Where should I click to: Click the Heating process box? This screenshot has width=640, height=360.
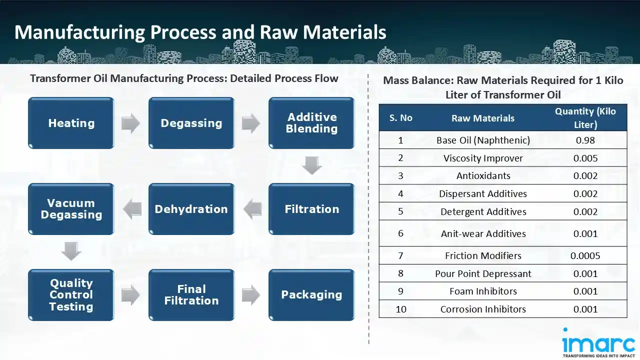71,123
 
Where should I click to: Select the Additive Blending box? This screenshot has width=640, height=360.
311,123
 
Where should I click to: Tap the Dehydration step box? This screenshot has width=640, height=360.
191,209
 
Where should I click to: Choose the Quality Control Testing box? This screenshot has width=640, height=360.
71,295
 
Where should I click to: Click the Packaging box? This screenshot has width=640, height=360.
311,295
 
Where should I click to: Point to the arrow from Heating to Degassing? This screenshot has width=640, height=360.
131,123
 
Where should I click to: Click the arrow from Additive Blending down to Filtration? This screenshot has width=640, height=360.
311,165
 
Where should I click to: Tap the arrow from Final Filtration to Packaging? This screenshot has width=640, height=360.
251,295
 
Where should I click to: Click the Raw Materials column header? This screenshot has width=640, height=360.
483,118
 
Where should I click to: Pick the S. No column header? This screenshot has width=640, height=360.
401,118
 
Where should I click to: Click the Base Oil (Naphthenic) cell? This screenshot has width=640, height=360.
483,140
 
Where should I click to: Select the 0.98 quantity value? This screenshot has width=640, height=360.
585,140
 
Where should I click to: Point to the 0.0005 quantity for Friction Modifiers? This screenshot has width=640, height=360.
585,255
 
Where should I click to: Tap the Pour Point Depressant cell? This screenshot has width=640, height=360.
483,273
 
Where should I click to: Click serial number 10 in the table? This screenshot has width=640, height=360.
401,309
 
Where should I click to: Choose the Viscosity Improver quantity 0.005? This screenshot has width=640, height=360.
585,158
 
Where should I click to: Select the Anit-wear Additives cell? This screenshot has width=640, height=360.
483,233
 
